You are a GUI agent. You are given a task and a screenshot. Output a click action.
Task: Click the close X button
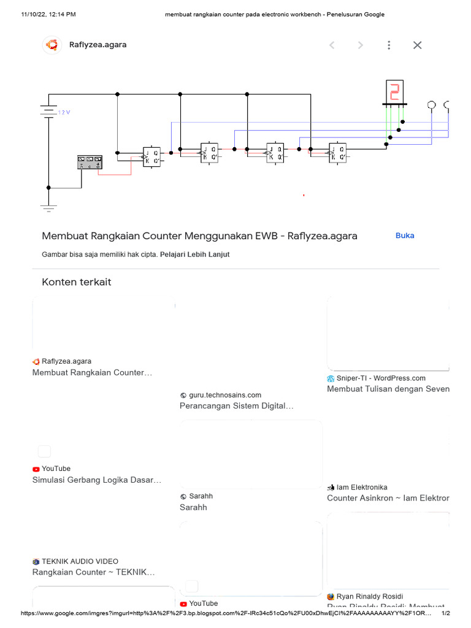click(x=417, y=45)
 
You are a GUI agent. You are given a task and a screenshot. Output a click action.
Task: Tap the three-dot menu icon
click(x=389, y=45)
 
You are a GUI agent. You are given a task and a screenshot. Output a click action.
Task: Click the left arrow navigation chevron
click(x=332, y=45)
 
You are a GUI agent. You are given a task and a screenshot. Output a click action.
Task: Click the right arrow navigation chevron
click(x=361, y=45)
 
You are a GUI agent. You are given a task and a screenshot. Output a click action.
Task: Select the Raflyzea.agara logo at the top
click(x=52, y=45)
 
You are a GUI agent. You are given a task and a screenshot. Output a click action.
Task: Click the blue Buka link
click(x=405, y=235)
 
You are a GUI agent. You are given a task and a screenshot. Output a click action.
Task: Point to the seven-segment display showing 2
click(x=394, y=92)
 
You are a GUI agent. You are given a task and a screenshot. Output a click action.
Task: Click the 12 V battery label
click(x=64, y=113)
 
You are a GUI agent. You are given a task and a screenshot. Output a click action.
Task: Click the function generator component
click(x=90, y=162)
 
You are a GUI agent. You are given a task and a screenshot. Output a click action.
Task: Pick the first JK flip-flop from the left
click(x=151, y=156)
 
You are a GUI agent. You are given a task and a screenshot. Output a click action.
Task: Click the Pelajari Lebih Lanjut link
click(x=195, y=255)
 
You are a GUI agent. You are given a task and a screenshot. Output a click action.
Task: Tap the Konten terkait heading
click(x=77, y=282)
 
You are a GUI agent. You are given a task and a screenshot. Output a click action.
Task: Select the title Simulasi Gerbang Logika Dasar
click(x=97, y=480)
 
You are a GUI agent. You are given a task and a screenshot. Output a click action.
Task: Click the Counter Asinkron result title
click(x=388, y=498)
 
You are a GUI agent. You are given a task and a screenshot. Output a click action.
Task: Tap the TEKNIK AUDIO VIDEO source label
click(x=80, y=561)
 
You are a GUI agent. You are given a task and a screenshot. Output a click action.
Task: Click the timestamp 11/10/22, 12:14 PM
click(x=48, y=14)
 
